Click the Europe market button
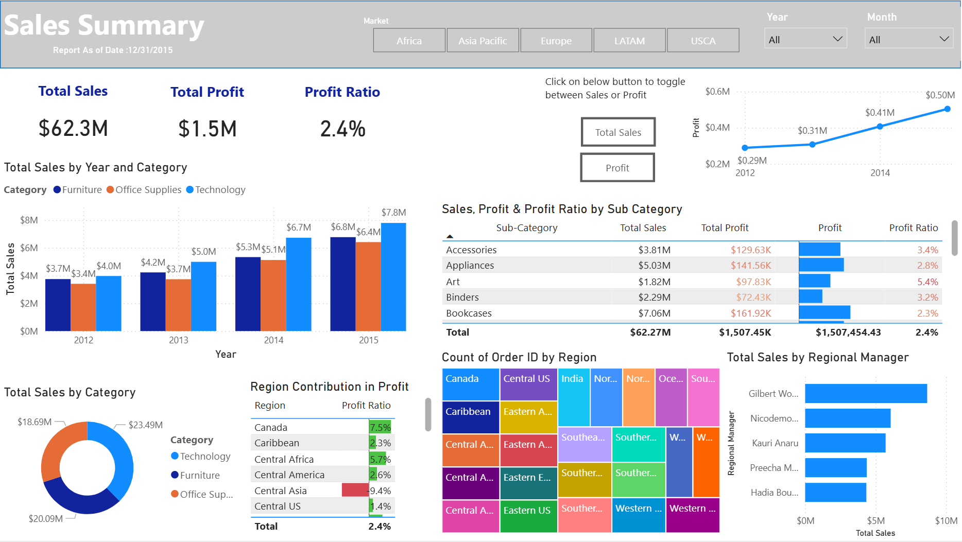pos(556,41)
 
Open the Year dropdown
pos(805,40)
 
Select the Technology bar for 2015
pos(393,278)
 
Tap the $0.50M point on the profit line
pos(947,109)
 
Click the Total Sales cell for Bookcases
pos(654,313)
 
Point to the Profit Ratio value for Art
pos(927,282)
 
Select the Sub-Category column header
pos(526,228)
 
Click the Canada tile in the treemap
pos(470,384)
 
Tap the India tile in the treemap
pos(573,396)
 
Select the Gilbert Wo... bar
pos(865,394)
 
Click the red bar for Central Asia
pos(355,491)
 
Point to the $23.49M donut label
pos(145,425)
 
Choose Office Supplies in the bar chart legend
pos(148,190)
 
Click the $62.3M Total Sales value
pos(73,129)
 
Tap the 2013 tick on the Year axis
pos(179,340)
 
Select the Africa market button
pos(409,41)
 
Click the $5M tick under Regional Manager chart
pos(875,521)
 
